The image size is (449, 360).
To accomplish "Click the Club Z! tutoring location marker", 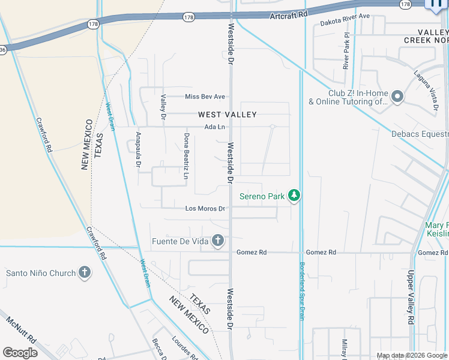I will [397, 97].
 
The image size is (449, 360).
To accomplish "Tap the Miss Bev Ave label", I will [205, 97].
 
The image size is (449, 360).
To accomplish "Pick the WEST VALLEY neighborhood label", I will [228, 115].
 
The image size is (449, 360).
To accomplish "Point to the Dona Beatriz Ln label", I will [186, 157].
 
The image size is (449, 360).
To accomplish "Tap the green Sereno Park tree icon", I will [294, 196].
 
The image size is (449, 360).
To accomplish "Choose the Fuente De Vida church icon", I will [218, 241].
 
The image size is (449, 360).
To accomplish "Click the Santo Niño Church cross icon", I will [85, 273].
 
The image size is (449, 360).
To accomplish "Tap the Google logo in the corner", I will [20, 353].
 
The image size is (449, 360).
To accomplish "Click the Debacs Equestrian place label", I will [420, 134].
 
